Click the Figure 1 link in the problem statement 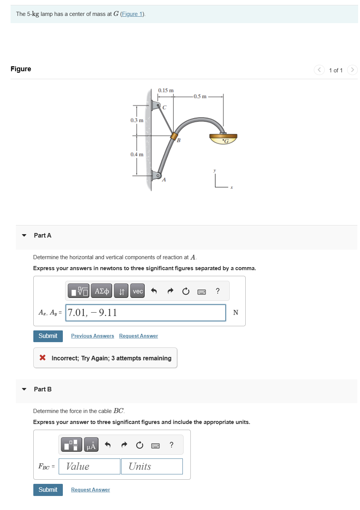132,14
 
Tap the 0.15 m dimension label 166,91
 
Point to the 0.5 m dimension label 200,96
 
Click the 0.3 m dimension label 137,120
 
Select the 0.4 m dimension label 137,154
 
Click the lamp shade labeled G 223,139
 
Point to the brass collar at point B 174,136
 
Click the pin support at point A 156,175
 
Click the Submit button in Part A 48,336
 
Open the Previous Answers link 92,336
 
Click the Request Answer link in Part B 90,490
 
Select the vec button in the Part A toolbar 138,291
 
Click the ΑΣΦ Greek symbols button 101,291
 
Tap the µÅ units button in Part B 91,445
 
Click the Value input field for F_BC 89,466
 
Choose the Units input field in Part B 152,466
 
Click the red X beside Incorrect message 43,358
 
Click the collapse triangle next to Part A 24,235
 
